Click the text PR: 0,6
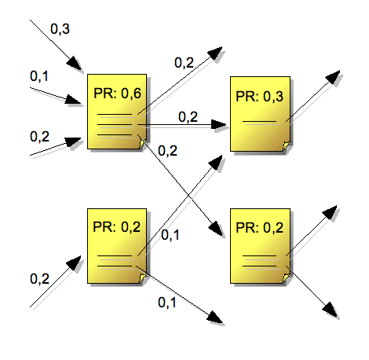pos(117,94)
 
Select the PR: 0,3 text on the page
pos(259,96)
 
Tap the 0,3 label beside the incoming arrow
pos(60,28)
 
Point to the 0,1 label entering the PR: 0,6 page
pos(39,76)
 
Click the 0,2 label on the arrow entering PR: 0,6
pos(39,136)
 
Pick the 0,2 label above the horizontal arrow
pos(188,116)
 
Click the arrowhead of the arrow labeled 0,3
pos(74,63)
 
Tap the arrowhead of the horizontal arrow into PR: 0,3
pos(218,125)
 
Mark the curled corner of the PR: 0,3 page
pos(286,145)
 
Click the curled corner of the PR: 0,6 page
pos(142,144)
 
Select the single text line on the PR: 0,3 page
pos(259,121)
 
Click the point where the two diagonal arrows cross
pos(188,195)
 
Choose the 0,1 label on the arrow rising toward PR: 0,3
pos(170,235)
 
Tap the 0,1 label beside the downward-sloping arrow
pos(167,302)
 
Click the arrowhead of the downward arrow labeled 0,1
pos(215,318)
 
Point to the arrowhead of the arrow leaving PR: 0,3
pos(333,77)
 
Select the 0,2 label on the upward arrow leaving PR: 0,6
pos(184,62)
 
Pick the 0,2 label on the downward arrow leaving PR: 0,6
pos(167,150)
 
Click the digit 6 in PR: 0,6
pos(137,94)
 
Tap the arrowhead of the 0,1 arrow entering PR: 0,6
pos(73,100)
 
